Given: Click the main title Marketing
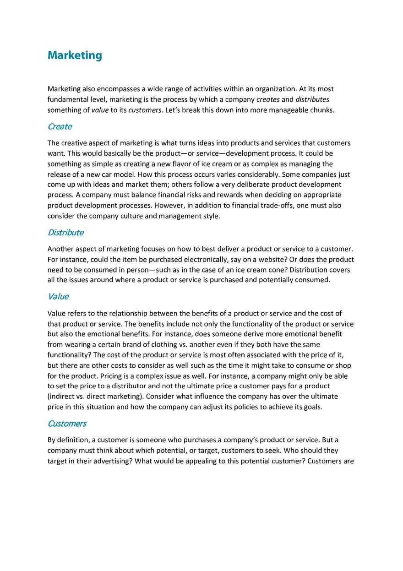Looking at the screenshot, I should click(x=75, y=55).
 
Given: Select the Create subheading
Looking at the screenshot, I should click(x=60, y=126).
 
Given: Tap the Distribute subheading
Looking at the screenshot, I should click(x=65, y=232).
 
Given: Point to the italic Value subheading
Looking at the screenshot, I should click(x=58, y=296).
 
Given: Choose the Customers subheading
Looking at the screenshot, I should click(x=67, y=423).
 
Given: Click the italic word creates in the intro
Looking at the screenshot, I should click(x=268, y=99).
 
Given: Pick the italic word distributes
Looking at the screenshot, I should click(x=312, y=99).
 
